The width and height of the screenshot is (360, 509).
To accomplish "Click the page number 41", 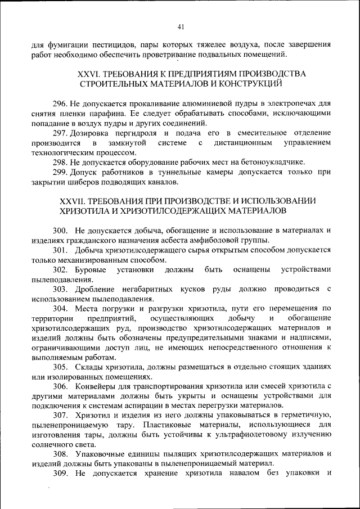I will pyautogui.click(x=180, y=26).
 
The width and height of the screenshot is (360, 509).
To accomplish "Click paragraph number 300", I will pyautogui.click(x=60, y=231).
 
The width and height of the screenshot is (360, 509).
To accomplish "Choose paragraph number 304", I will pyautogui.click(x=60, y=309).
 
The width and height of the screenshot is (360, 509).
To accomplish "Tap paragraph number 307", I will pyautogui.click(x=60, y=415).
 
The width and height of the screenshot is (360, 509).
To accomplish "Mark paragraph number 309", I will pyautogui.click(x=60, y=473).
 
